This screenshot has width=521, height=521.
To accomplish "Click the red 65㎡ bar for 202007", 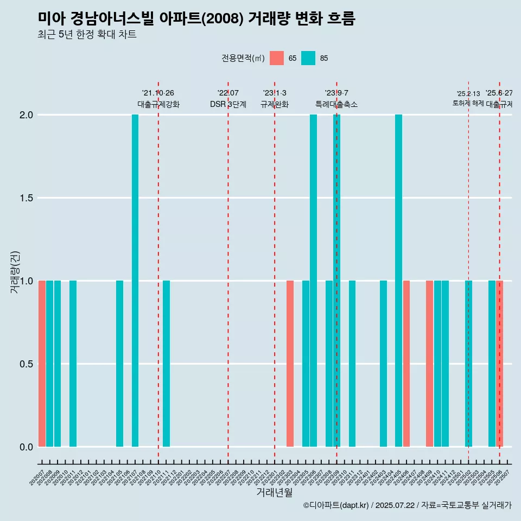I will point(42,364).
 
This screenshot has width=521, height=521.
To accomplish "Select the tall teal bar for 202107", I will point(135,281).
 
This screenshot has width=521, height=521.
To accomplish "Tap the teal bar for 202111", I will point(166,364).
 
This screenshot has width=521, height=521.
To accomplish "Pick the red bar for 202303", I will point(290,364).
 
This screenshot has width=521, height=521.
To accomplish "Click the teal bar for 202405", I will point(398,281).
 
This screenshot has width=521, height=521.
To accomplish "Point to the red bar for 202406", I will point(406,364).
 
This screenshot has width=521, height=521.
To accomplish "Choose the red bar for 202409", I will point(429,364).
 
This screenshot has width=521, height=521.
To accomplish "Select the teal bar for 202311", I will point(352,364).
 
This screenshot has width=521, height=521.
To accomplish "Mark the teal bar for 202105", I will point(119,364).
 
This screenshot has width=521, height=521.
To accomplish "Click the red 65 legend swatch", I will point(277,58).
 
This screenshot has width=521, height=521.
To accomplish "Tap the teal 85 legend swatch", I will point(308,58).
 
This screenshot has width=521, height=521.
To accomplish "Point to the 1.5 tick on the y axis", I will point(26,198).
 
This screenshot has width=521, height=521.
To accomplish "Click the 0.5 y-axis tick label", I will point(26,364).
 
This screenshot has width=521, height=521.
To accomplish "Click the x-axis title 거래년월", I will point(274,493).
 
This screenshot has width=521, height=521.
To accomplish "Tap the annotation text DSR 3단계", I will point(228,104).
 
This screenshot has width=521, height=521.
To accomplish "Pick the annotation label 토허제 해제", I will point(468,103).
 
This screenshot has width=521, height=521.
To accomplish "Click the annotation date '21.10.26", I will point(158,93).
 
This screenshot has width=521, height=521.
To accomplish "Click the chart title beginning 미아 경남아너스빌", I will point(196,18).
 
